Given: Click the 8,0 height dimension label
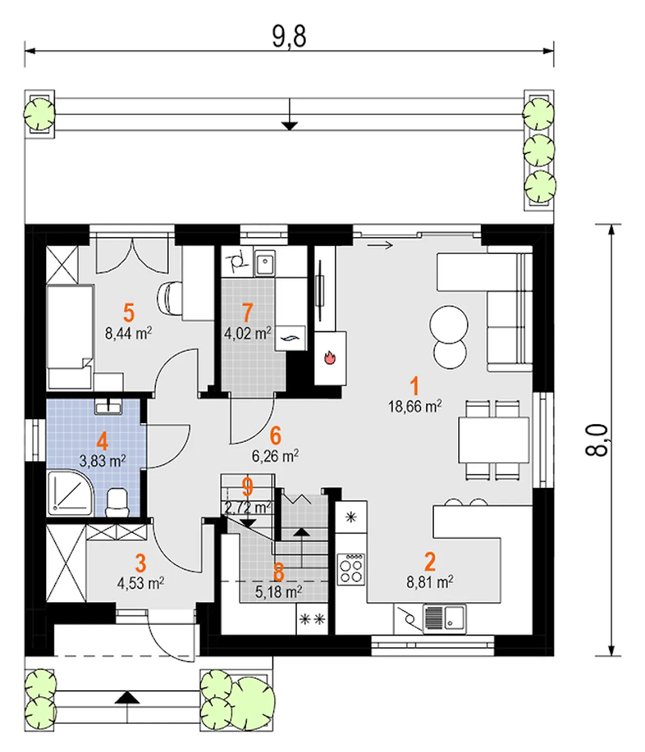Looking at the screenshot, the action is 597,440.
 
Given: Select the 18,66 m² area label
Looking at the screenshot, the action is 415,406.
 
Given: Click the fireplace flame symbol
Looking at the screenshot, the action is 330,357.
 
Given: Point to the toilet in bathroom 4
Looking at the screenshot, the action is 117,503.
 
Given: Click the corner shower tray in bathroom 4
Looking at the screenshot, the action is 70,493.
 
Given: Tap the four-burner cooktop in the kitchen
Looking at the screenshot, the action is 351,569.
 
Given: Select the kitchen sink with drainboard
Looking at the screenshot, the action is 444,618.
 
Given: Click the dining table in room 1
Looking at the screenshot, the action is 494,440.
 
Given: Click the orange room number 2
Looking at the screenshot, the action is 430,561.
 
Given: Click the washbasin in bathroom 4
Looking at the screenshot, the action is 108,406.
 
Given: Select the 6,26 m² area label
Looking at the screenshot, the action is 276,456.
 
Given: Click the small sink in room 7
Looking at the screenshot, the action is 265,262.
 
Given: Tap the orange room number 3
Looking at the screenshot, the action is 141,563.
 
